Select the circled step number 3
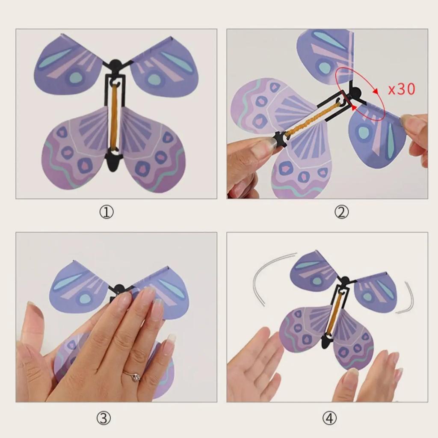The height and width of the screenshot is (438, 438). [x=103, y=418]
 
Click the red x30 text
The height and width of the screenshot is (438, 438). [x=401, y=89]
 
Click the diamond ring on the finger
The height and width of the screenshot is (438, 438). [x=135, y=376]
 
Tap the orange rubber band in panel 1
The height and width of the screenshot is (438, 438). [x=115, y=116]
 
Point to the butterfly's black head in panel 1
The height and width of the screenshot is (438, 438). [x=115, y=65]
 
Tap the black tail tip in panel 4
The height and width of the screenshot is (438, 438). [x=326, y=342]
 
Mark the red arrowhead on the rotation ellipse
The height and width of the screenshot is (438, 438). [x=375, y=91]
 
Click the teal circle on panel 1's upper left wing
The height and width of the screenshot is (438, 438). [x=76, y=77]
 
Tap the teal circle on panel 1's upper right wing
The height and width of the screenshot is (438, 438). [x=155, y=80]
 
